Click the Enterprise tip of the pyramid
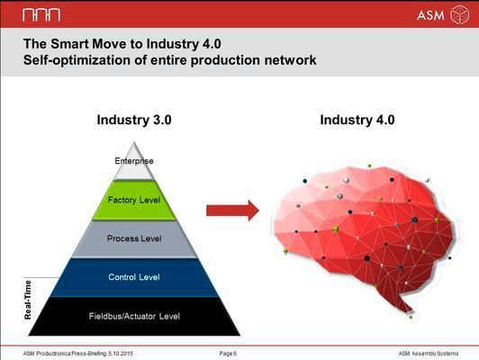coord(134,160)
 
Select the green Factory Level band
coord(134,200)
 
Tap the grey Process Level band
coord(134,238)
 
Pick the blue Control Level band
coord(134,277)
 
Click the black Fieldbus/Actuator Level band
coord(134,316)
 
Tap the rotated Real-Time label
coord(28,299)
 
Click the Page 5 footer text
coord(229,353)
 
